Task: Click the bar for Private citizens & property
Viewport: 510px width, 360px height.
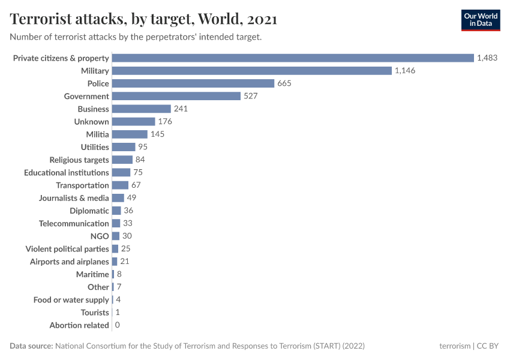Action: [293, 58]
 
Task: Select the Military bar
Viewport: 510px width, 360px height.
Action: [252, 71]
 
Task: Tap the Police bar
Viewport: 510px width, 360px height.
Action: [193, 83]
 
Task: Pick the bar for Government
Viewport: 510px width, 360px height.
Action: [176, 96]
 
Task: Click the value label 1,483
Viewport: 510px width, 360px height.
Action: [487, 58]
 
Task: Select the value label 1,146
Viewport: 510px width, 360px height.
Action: [405, 71]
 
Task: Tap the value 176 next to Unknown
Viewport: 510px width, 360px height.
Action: [165, 122]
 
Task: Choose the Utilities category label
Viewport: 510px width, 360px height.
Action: [95, 147]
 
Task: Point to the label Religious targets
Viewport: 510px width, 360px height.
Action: [79, 160]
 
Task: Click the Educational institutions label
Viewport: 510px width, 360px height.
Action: [67, 173]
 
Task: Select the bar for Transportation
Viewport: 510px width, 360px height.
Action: [120, 185]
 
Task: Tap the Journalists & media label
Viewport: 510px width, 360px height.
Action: [74, 198]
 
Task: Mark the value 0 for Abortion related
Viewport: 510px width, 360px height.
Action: [117, 325]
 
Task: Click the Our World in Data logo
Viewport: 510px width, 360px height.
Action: [481, 20]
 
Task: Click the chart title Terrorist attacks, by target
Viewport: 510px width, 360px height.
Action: [143, 19]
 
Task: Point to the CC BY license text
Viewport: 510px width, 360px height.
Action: [488, 346]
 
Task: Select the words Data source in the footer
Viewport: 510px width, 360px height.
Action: [31, 346]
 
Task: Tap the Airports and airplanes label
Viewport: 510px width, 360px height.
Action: [70, 262]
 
